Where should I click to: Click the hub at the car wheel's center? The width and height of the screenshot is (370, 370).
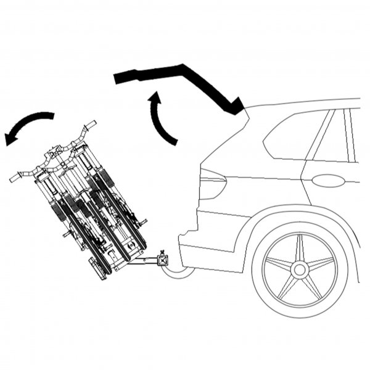(x=300, y=269)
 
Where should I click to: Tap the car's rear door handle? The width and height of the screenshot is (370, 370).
(x=328, y=181)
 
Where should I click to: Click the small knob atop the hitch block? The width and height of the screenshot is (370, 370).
(x=163, y=250)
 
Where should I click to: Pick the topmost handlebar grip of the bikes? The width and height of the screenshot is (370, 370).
(x=90, y=125)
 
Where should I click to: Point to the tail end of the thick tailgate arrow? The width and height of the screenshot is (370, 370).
(x=120, y=77)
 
